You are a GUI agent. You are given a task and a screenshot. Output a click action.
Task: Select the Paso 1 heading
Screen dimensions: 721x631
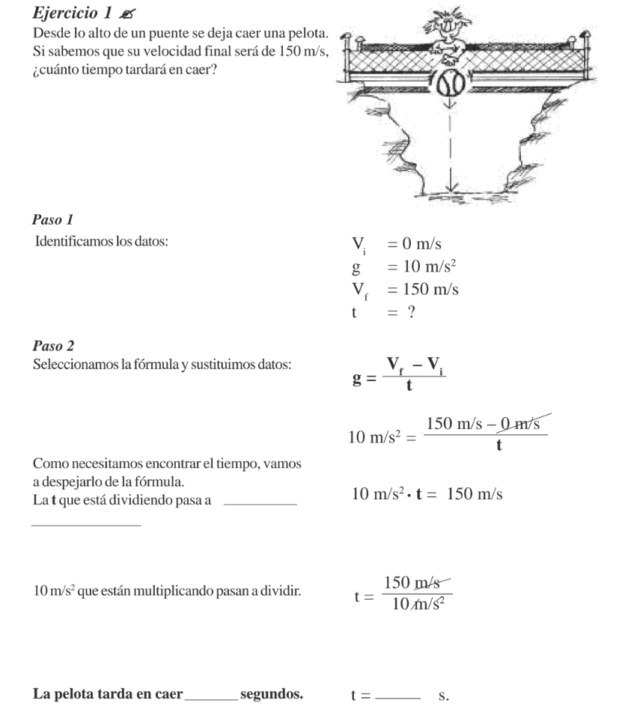(52, 220)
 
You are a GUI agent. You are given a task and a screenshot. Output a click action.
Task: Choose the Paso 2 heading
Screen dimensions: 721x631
(52, 345)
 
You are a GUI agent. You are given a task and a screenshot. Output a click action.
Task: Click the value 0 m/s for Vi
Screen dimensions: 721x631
(419, 244)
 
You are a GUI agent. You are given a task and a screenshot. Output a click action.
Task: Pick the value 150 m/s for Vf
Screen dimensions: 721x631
(427, 290)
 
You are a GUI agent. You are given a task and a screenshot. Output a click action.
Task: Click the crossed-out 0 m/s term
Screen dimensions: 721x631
(521, 425)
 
